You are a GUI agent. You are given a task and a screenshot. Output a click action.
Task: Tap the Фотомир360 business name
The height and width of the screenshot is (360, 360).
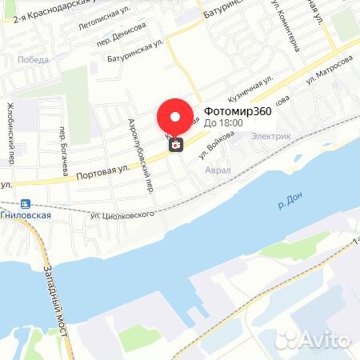tap(238, 111)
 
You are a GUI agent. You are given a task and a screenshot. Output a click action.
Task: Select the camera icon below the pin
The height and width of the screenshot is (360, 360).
tap(174, 145)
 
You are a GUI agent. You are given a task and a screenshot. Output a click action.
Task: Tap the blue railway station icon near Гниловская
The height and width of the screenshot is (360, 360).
tap(26, 204)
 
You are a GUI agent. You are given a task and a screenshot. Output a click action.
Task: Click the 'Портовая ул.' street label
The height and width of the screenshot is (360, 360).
tap(102, 170)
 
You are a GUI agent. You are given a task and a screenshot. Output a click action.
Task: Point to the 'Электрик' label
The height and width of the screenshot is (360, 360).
tap(270, 136)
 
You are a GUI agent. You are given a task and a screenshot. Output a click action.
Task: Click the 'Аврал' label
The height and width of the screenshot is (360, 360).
tap(218, 170)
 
